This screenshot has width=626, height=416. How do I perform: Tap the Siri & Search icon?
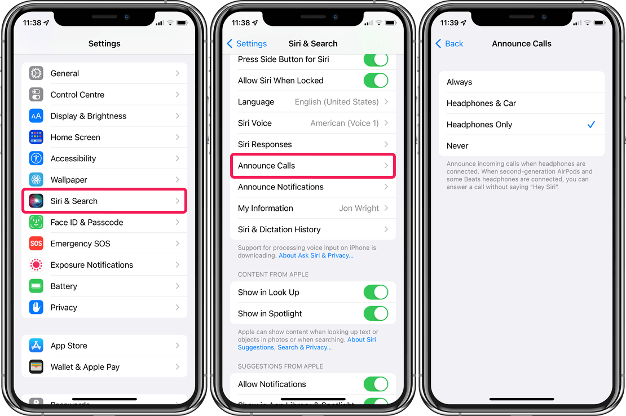point(36,201)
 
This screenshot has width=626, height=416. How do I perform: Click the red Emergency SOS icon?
point(36,244)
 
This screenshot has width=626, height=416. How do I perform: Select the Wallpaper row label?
point(69,180)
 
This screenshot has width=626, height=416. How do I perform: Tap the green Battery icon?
point(36,286)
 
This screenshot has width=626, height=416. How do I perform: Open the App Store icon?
point(36,346)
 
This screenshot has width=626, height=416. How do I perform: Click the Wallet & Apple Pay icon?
point(36,366)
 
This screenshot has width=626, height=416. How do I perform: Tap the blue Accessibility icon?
point(36,158)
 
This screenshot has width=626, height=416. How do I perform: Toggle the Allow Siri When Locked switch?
point(376,81)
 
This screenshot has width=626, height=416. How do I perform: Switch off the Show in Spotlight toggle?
point(376,313)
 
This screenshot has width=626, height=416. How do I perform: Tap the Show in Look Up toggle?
point(376,293)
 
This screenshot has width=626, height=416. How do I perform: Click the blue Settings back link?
point(246,43)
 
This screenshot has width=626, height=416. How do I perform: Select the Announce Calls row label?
point(266,166)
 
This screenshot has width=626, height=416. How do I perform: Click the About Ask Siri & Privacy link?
point(316,255)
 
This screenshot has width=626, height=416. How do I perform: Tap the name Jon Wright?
point(359,208)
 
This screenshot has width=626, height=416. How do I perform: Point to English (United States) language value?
point(337,101)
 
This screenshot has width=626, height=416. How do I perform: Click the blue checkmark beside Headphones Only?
point(591,125)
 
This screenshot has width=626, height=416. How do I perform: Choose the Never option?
point(457,146)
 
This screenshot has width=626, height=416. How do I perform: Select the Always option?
point(459,82)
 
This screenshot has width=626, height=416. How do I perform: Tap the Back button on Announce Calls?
point(449,43)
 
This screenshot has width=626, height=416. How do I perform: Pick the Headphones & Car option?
point(481,103)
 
